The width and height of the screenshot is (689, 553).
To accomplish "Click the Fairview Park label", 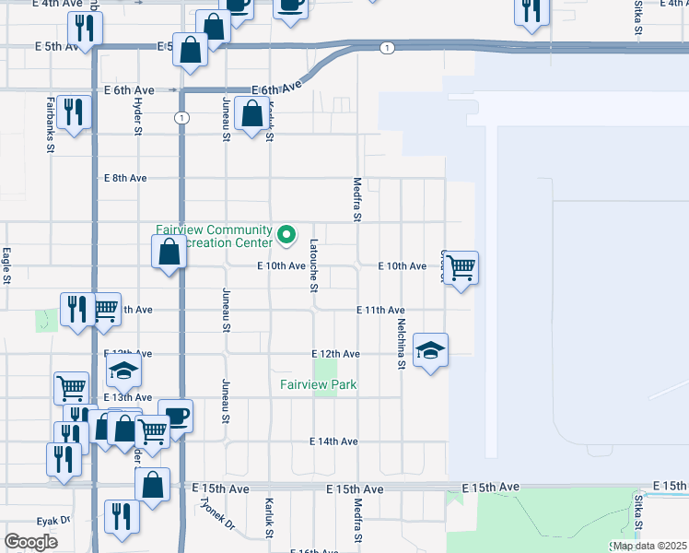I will click(319, 384).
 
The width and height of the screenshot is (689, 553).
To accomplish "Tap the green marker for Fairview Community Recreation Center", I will click(286, 236).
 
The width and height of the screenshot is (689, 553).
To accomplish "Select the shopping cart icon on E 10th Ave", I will click(461, 268).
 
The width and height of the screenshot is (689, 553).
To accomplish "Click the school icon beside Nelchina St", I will click(430, 350).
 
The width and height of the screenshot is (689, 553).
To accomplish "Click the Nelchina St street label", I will click(402, 344).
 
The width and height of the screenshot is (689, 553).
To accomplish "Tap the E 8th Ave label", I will click(125, 178).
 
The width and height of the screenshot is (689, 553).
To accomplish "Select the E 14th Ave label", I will click(333, 441).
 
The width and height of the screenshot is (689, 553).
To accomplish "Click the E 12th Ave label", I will click(335, 354).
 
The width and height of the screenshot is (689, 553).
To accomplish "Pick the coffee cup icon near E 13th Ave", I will click(174, 416).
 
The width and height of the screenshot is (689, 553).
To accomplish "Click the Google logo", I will click(30, 542).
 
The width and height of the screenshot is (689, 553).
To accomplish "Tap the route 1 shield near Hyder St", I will click(182, 118).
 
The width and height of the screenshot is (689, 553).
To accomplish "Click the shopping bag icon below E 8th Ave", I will click(169, 252).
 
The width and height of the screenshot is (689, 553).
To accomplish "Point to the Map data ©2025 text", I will click(648, 546).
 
